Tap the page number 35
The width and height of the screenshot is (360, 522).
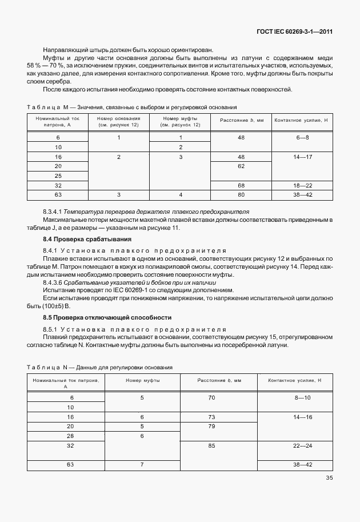(329, 478)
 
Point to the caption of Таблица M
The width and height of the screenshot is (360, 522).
(131, 107)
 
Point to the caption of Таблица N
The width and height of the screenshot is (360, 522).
(100, 367)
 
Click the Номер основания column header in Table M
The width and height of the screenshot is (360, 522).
(118, 121)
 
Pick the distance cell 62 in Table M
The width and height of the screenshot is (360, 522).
(241, 166)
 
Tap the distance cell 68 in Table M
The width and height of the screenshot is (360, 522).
(241, 185)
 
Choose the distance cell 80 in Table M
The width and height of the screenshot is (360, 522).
(241, 195)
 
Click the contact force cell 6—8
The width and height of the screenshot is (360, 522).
(302, 137)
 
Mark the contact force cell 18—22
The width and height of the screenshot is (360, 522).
(302, 185)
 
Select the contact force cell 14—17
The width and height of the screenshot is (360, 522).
(302, 156)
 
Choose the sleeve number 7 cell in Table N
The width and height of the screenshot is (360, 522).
(142, 464)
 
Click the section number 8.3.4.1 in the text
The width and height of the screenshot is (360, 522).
(55, 212)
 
